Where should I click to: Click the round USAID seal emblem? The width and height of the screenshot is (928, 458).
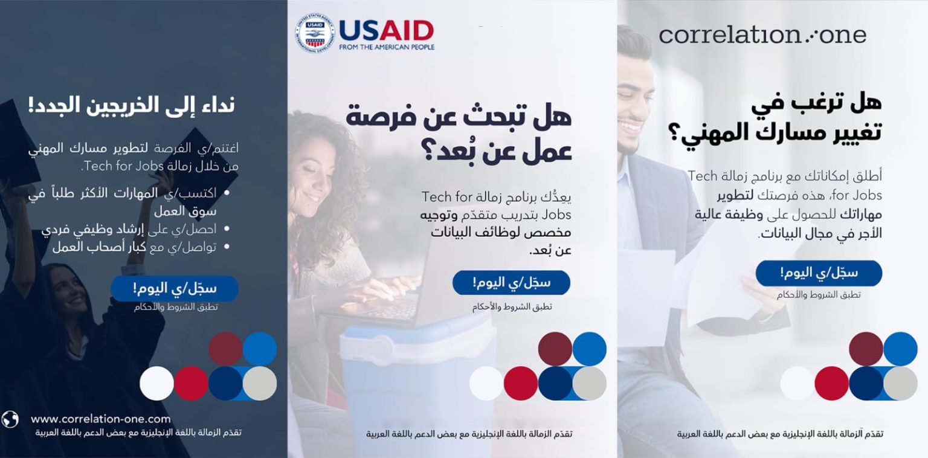(x=314, y=33)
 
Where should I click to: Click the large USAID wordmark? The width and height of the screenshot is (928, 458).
(x=386, y=31)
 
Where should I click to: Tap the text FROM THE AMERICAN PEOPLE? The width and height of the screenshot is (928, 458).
(x=387, y=47)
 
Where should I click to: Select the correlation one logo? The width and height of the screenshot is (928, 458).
(x=762, y=35)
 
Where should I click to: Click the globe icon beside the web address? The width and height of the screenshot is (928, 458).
(x=10, y=419)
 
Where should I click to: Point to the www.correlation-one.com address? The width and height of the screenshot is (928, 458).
(x=101, y=419)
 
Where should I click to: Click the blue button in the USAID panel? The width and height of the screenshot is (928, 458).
(x=511, y=283)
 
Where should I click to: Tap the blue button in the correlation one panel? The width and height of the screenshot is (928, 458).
(x=819, y=273)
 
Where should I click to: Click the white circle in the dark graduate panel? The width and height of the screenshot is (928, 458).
(x=156, y=384)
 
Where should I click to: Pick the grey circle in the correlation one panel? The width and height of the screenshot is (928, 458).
(x=901, y=384)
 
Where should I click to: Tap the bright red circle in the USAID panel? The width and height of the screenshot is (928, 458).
(x=521, y=384)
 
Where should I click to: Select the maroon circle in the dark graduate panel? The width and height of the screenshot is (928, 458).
(x=225, y=349)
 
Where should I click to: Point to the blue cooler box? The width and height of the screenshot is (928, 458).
(x=419, y=373)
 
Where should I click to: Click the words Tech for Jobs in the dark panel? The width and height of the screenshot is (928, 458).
(x=123, y=166)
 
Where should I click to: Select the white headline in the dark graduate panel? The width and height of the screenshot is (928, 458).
(x=132, y=105)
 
